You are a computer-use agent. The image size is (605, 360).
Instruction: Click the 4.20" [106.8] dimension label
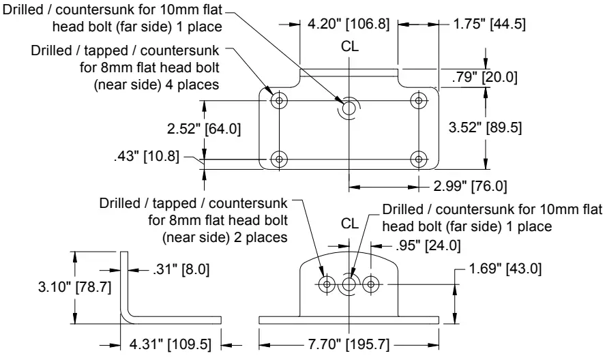click(349, 25)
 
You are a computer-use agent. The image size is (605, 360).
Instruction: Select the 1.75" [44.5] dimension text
click(488, 25)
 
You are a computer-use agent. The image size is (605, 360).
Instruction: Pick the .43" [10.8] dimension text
click(147, 157)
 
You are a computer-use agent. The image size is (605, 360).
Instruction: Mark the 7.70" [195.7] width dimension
click(349, 346)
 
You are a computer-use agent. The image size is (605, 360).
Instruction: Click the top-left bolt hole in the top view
click(278, 102)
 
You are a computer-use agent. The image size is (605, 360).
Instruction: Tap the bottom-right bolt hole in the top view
click(417, 159)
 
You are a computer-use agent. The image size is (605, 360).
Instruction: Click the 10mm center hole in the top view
click(349, 106)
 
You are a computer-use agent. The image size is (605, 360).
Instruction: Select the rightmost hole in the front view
click(371, 284)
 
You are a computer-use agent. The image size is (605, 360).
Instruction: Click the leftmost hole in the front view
click(327, 284)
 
